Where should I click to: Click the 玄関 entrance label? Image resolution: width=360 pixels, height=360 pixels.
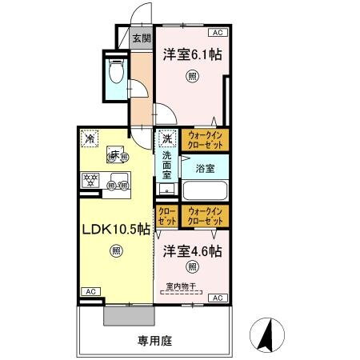click(140, 38)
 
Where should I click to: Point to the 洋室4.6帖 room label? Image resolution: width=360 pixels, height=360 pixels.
click(192, 250)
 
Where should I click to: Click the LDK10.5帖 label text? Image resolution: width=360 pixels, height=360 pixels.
click(114, 230)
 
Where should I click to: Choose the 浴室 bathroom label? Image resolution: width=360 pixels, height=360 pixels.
click(205, 169)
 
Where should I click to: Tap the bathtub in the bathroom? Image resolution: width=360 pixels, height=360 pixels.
click(205, 191)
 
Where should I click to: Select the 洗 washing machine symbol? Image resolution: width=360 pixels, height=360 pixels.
click(166, 139)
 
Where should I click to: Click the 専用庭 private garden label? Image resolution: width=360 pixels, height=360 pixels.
click(154, 340)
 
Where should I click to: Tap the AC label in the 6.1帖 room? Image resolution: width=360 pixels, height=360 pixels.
click(217, 33)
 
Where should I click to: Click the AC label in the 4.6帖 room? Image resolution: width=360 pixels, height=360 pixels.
click(216, 298)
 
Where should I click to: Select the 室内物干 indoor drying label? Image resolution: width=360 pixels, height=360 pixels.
click(182, 286)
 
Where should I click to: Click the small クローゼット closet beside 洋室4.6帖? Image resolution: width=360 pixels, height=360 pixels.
click(167, 216)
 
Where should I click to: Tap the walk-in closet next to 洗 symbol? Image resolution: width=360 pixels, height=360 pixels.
click(205, 141)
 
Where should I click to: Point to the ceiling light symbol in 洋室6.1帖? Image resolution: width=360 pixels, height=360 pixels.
click(192, 77)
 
